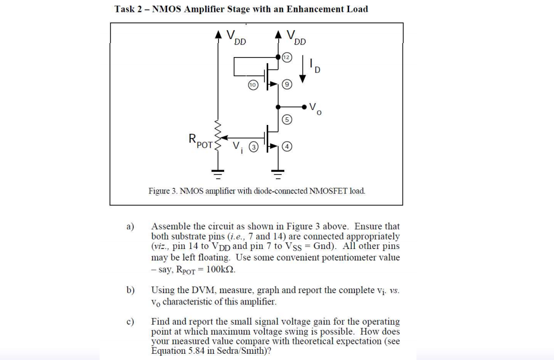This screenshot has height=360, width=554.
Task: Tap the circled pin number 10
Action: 253,83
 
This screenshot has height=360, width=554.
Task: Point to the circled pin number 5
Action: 287,119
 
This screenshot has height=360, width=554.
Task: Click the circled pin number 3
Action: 253,147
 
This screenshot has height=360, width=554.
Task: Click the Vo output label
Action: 314,108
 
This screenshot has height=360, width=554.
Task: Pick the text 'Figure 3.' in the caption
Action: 163,191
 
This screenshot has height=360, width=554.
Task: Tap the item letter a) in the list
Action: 130,227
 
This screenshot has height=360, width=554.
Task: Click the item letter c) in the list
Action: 130,322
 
